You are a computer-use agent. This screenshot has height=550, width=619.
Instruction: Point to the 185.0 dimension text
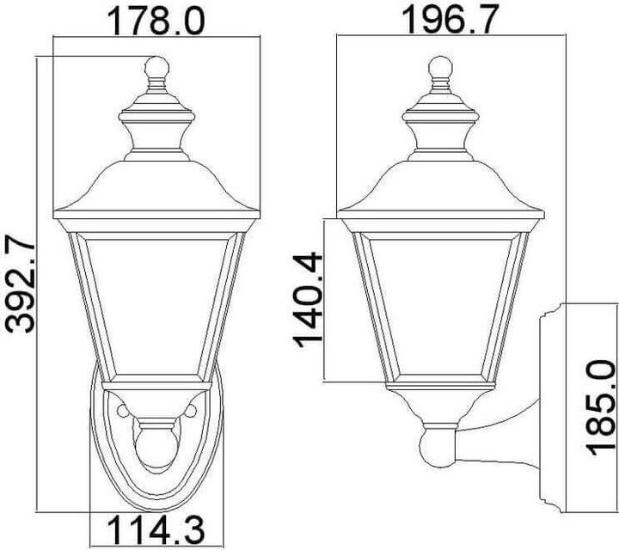click(601, 409)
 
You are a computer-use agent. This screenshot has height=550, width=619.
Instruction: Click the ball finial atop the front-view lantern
click(156, 67)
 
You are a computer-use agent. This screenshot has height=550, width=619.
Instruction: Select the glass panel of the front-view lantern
click(156, 305)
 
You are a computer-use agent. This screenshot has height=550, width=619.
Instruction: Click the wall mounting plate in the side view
click(550, 412)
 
